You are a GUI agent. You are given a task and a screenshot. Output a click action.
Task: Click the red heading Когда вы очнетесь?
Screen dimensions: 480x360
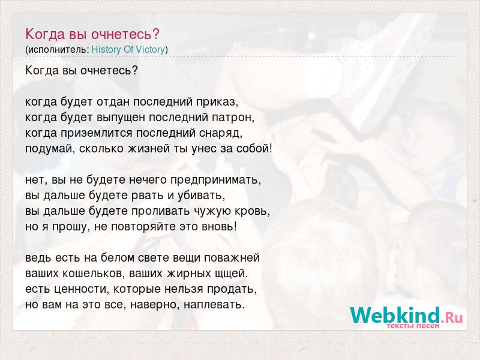click(x=92, y=34)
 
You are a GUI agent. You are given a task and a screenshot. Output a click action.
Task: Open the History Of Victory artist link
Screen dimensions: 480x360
click(x=128, y=50)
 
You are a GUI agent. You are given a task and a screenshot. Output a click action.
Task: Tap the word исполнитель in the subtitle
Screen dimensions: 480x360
click(x=58, y=50)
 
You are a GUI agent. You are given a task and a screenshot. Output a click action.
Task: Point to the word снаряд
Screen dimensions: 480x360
click(x=221, y=133)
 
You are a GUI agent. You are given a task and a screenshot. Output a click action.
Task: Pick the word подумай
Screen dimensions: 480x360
click(x=50, y=149)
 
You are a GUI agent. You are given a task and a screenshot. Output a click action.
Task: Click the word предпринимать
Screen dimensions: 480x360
click(x=216, y=180)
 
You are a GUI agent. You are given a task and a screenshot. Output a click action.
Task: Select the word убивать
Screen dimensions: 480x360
click(x=202, y=196)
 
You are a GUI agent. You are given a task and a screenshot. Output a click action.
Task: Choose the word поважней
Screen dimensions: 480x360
click(x=232, y=258)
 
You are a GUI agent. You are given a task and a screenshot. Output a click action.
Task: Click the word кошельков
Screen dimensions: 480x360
click(x=93, y=274)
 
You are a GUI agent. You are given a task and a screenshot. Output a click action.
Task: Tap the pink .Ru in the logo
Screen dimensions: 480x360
click(x=452, y=317)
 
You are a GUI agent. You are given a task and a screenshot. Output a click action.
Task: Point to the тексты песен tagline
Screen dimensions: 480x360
click(x=413, y=326)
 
